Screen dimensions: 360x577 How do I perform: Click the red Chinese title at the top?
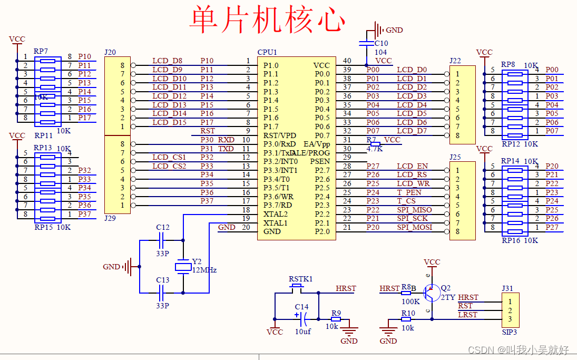click(267, 20)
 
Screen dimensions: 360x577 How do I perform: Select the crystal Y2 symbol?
click(183, 266)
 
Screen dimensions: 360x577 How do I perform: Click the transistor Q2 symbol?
click(433, 293)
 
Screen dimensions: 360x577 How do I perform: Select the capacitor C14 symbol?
click(302, 318)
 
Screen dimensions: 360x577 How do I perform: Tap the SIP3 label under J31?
click(509, 332)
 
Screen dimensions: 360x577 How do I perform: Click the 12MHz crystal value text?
click(204, 270)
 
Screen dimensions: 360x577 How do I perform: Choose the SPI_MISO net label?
click(414, 210)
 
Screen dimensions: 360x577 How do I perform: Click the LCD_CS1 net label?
click(169, 157)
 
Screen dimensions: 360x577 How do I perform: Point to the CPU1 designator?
click(267, 52)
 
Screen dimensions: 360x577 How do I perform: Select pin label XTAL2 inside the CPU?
click(276, 214)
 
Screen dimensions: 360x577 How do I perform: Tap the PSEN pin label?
click(320, 161)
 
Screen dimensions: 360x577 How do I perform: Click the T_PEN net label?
click(409, 192)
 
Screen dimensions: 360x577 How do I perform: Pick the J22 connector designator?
click(455, 61)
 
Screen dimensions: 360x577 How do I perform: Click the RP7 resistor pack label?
click(41, 51)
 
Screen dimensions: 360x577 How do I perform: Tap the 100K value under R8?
click(410, 301)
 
